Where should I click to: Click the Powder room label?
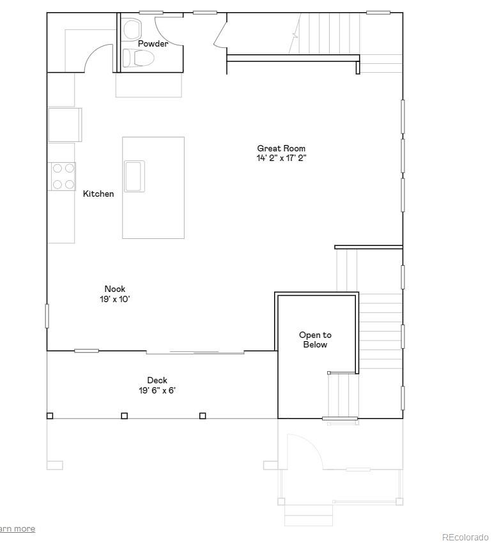(x=153, y=43)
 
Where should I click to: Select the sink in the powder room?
(x=132, y=28)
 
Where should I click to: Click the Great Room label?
(x=281, y=148)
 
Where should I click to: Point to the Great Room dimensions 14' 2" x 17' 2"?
(x=281, y=158)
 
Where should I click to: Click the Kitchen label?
(x=98, y=194)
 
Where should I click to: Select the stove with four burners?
(x=63, y=176)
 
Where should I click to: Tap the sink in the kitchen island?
(x=134, y=176)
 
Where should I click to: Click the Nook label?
(x=115, y=289)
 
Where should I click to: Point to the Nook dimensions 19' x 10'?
(x=115, y=299)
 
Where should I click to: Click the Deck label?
(x=157, y=380)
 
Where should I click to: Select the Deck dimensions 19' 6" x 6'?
(x=157, y=390)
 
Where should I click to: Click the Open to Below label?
(x=315, y=340)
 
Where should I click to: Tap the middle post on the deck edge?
(x=125, y=416)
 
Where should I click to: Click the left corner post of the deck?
(x=50, y=416)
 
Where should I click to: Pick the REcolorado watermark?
(x=465, y=537)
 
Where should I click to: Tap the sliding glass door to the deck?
(x=195, y=352)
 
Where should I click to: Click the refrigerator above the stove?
(x=65, y=125)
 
